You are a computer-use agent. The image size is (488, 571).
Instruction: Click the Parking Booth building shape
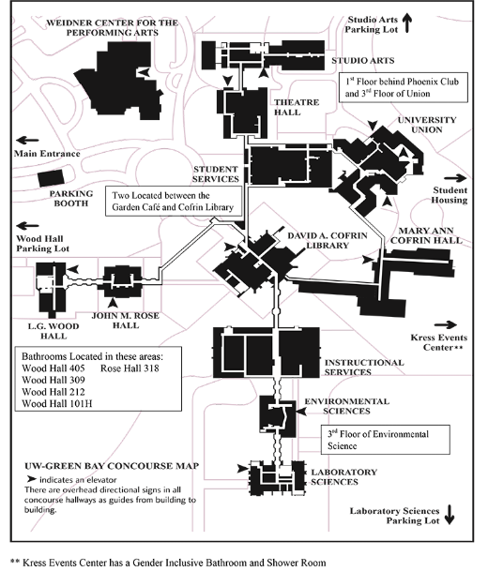pos(52,178)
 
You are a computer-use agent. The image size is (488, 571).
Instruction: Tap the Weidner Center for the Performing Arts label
pos(113,28)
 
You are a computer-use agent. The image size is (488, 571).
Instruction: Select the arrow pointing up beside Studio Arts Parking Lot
pos(407,23)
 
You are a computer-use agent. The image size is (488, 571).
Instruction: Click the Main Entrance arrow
pos(27,141)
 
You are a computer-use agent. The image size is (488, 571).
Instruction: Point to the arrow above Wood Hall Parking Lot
pos(27,226)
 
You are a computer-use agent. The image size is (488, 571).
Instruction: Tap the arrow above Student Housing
pos(455,178)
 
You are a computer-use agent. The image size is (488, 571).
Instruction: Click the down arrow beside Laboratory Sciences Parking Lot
pos(450,515)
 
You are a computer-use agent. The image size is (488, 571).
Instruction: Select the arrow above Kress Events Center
pos(446,324)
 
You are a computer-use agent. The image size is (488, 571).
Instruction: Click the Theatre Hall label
pos(297,107)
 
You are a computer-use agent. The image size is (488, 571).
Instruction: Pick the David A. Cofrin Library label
pos(328,240)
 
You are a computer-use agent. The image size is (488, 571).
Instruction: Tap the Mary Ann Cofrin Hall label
pos(426,235)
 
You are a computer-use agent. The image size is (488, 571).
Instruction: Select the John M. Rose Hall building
pos(122,281)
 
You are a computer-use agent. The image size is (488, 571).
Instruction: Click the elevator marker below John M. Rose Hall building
pos(113,303)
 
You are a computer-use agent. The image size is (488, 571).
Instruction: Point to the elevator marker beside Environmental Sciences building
pos(301,411)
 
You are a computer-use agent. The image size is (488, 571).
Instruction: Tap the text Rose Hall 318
pos(130,368)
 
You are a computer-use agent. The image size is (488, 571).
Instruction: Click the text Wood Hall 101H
pos(57,403)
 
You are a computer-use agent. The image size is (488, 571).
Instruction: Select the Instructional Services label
pos(364,368)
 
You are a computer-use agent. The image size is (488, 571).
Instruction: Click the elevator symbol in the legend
pos(32,479)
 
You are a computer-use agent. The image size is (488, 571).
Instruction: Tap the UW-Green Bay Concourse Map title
pos(112,466)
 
